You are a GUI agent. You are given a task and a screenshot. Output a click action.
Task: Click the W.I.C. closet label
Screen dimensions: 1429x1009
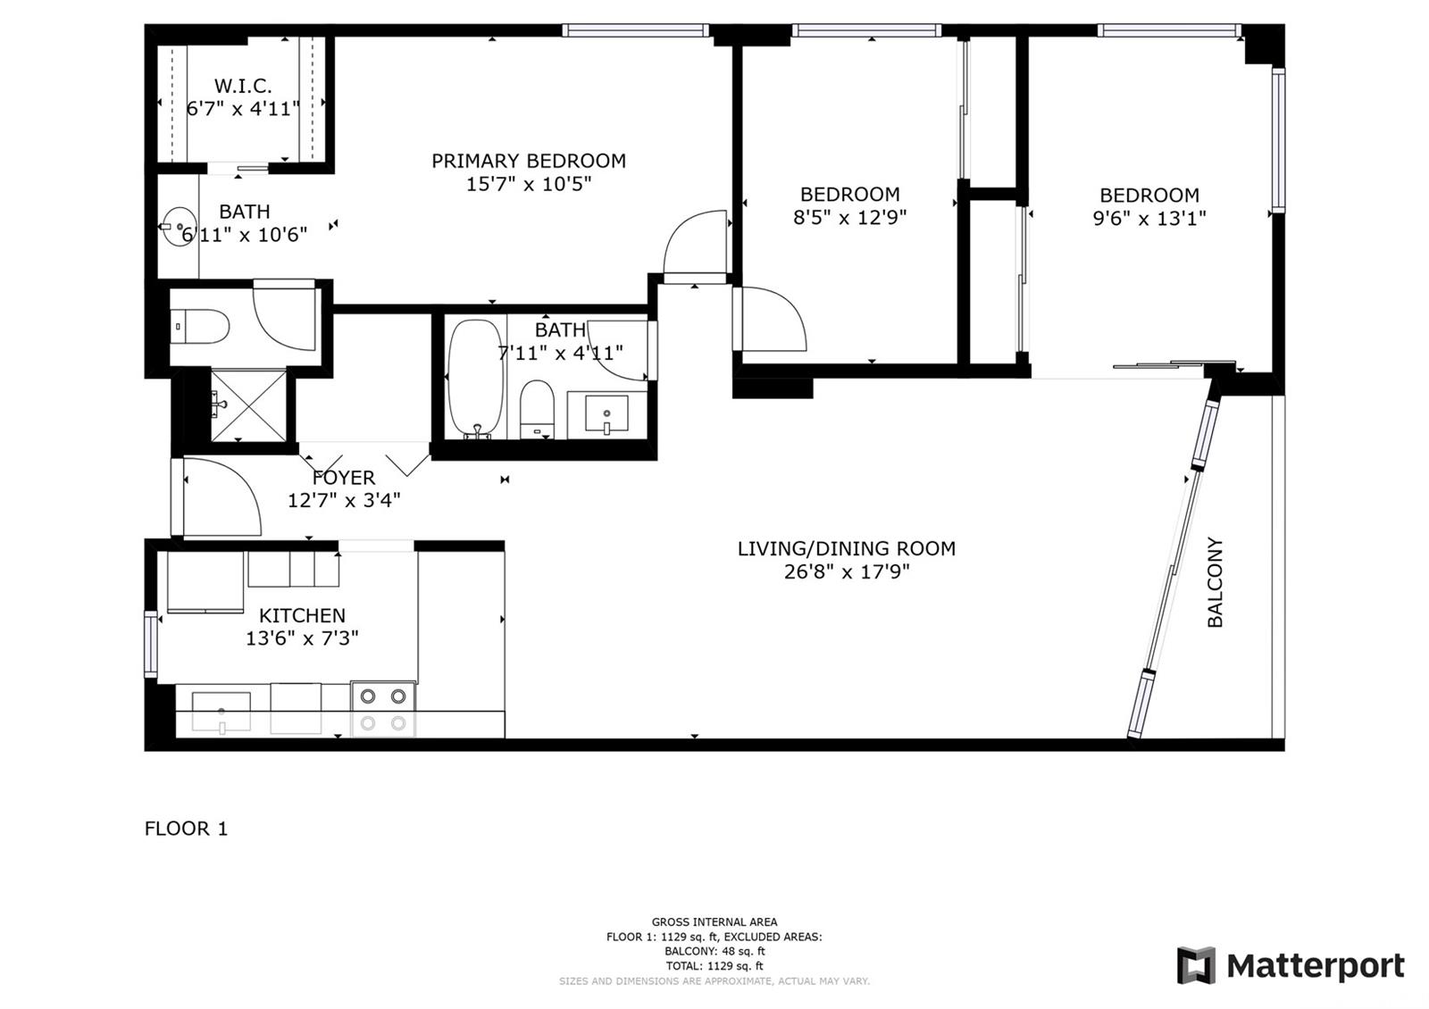click(242, 86)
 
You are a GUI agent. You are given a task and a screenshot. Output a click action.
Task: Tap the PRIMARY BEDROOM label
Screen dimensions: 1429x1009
click(528, 161)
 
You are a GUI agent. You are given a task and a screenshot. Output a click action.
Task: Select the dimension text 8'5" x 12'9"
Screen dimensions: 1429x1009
click(849, 218)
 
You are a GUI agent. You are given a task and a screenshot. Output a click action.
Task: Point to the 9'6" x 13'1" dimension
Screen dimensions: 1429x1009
click(1149, 218)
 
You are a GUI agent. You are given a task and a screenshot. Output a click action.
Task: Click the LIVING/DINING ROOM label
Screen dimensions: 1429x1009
click(846, 548)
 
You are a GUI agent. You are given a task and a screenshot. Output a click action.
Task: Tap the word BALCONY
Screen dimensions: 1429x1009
click(1216, 581)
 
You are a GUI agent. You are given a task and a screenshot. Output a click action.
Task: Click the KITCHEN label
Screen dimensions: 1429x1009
click(302, 615)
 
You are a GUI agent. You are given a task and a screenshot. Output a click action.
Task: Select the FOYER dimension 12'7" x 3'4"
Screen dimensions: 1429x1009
click(344, 500)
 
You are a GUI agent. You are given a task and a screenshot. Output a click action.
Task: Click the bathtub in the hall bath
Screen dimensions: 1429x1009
click(475, 379)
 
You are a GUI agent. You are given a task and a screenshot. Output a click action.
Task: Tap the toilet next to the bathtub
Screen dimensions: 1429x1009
click(537, 409)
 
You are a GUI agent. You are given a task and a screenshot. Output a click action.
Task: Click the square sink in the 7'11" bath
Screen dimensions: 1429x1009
click(606, 414)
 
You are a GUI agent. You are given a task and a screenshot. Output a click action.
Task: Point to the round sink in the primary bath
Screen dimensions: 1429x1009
click(178, 226)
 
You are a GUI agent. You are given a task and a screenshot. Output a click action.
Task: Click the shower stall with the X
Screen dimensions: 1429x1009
click(248, 405)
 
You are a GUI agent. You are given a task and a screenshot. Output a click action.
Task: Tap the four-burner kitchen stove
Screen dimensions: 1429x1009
click(383, 709)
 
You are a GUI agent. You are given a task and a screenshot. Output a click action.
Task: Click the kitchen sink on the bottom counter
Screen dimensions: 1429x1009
click(221, 711)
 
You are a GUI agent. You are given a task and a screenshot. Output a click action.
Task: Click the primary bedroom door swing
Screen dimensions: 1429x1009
click(695, 242)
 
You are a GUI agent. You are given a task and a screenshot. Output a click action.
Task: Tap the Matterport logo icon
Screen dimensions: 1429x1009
click(1196, 965)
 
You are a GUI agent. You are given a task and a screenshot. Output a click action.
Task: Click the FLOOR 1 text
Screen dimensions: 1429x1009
click(186, 829)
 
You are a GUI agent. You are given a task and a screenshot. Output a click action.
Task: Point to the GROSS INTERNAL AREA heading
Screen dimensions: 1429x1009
click(714, 921)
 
